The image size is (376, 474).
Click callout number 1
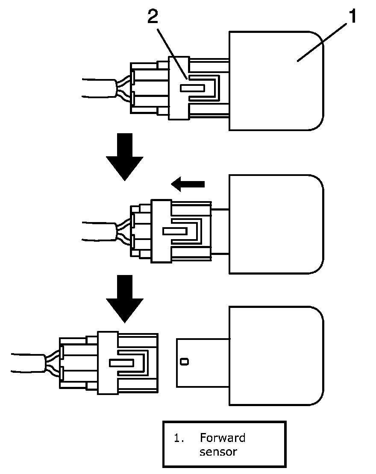click(x=352, y=18)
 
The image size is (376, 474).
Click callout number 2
click(x=153, y=18)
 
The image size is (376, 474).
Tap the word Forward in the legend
click(x=222, y=438)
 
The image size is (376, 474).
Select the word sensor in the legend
click(x=218, y=451)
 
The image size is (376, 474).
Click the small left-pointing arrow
click(x=188, y=184)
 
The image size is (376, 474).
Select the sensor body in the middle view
click(x=276, y=224)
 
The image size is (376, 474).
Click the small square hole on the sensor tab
click(x=185, y=362)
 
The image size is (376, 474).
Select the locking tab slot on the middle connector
click(x=174, y=231)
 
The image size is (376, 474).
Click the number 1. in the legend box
click(x=179, y=438)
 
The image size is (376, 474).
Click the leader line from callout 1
click(x=325, y=41)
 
